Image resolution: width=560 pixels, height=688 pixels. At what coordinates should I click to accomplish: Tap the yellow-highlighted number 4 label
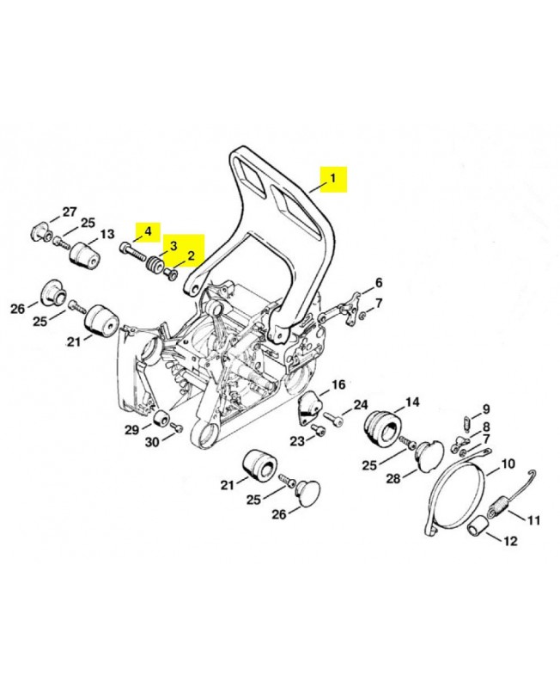[x=147, y=231]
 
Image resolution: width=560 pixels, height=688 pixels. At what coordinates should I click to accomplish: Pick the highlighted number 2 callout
[x=191, y=255]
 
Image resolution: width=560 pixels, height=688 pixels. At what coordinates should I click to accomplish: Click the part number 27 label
[x=70, y=212]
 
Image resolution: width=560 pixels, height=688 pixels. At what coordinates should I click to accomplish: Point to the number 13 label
[x=107, y=234]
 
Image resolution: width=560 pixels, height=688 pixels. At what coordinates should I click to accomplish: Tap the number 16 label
[x=338, y=384]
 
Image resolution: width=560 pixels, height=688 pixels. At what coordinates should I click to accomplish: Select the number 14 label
[x=412, y=402]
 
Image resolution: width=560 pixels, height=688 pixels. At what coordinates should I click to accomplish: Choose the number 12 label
[x=510, y=542]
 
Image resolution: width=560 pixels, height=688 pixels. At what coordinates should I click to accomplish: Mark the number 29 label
[x=131, y=429]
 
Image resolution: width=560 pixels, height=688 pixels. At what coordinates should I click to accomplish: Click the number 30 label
[x=151, y=442]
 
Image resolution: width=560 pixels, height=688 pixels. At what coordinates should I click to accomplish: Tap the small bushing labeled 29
[x=161, y=419]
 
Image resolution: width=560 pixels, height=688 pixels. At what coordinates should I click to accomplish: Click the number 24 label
[x=361, y=404]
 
